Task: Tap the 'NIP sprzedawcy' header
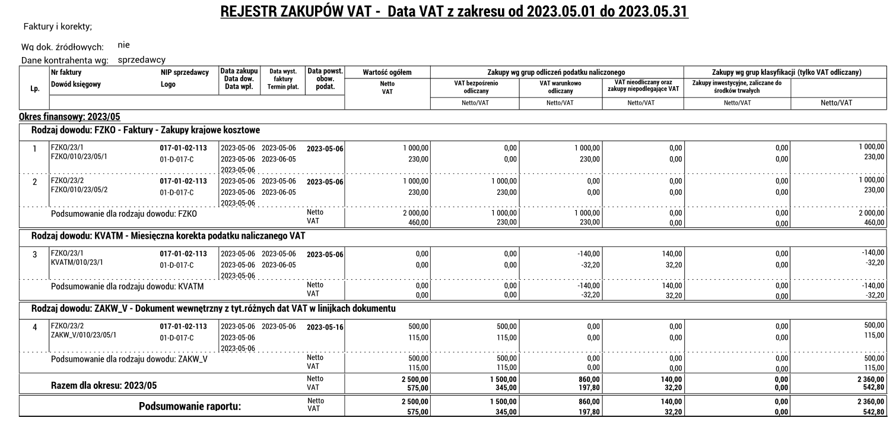[185, 72]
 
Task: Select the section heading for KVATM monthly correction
[168, 236]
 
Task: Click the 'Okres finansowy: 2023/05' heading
[71, 116]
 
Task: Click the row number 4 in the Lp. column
[35, 327]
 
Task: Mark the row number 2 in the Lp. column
[35, 182]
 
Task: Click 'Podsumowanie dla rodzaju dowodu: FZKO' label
[123, 214]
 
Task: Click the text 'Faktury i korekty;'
[57, 27]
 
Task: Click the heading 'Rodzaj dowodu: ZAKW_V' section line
[213, 308]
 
